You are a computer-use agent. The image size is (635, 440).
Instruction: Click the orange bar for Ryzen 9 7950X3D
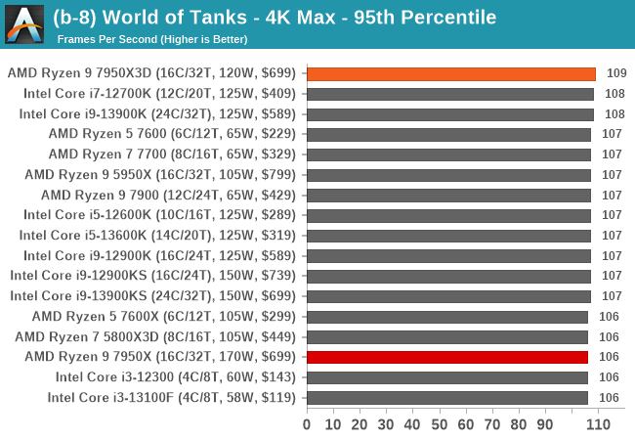pos(450,73)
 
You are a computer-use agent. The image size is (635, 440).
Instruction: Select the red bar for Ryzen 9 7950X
pos(447,357)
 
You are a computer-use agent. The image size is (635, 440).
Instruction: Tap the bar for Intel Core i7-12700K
pos(450,94)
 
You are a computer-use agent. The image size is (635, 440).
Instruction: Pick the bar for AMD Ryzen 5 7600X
pos(447,317)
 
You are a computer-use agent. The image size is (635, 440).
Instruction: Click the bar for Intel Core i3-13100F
pos(447,397)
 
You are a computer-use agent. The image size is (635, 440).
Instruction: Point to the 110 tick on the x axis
pos(598,424)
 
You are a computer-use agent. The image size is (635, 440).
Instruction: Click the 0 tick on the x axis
pos(307,424)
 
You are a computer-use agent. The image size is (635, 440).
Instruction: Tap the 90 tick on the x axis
pos(544,424)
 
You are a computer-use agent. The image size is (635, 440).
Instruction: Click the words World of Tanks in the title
pos(190,18)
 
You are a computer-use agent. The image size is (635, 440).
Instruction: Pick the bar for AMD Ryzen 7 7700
pos(448,154)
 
